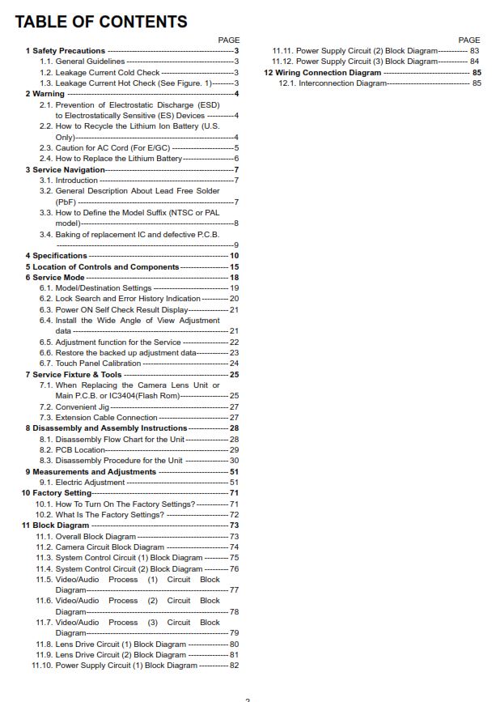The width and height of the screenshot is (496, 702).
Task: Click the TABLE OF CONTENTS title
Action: (101, 22)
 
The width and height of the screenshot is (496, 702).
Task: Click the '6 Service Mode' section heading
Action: (54, 277)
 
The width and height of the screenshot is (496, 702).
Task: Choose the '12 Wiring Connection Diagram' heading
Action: (322, 72)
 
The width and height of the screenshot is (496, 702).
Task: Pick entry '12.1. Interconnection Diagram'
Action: (333, 83)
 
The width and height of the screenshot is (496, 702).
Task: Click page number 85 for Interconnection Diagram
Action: (477, 83)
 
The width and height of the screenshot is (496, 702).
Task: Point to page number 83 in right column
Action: (475, 50)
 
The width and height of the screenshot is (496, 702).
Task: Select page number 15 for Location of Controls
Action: (234, 266)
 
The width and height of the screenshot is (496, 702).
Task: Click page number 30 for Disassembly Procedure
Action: (234, 461)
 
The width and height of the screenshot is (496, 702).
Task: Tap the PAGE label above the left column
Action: (229, 40)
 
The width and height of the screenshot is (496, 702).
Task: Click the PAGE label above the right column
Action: (469, 40)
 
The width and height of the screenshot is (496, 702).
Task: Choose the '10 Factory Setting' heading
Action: (56, 493)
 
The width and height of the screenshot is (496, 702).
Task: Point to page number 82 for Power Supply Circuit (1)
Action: (234, 666)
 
